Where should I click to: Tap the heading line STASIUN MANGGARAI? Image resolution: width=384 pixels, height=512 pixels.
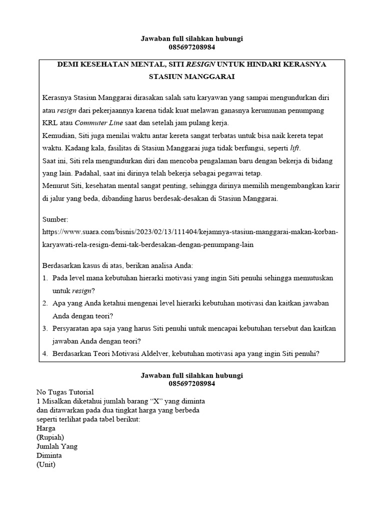coord(192,77)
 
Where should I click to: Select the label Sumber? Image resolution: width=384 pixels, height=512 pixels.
coord(55,220)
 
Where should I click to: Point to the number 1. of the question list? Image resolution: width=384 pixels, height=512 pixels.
coord(45,277)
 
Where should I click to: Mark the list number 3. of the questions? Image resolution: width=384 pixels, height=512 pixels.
coord(45,328)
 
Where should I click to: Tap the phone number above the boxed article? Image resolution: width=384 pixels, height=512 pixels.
coord(191,47)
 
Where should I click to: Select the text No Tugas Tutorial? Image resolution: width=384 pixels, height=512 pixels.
coord(65,392)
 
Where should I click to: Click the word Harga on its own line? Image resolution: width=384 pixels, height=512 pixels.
coord(46,428)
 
